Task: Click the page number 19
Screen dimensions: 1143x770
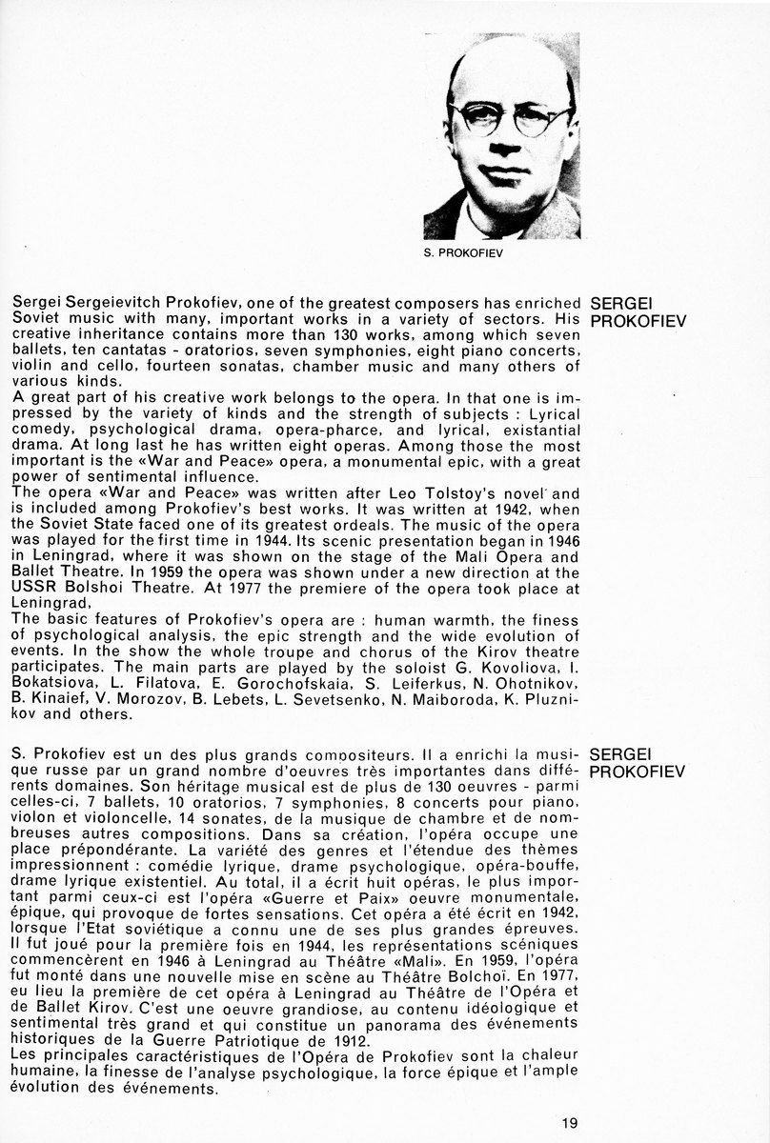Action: (x=570, y=1123)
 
